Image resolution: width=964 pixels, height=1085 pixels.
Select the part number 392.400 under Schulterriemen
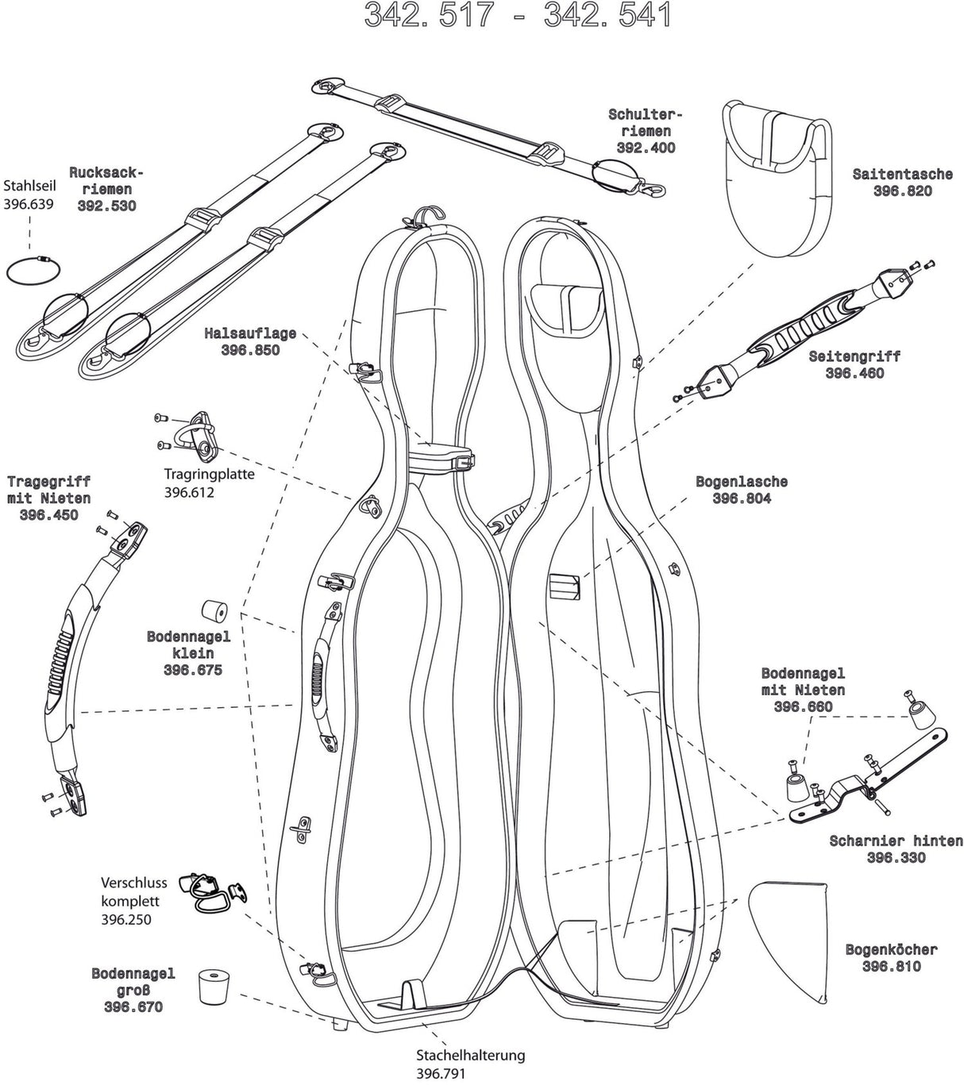[646, 148]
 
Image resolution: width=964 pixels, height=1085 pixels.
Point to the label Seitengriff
[854, 356]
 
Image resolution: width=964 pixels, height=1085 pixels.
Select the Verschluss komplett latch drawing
[204, 891]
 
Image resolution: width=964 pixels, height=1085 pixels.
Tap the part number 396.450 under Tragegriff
[49, 516]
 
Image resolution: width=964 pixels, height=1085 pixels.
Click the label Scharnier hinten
[896, 841]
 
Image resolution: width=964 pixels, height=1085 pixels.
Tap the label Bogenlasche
[742, 482]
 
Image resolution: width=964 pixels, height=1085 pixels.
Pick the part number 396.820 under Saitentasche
[902, 191]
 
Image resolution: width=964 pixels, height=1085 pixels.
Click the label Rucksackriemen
[106, 181]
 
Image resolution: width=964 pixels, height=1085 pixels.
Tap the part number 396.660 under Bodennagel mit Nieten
[803, 707]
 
